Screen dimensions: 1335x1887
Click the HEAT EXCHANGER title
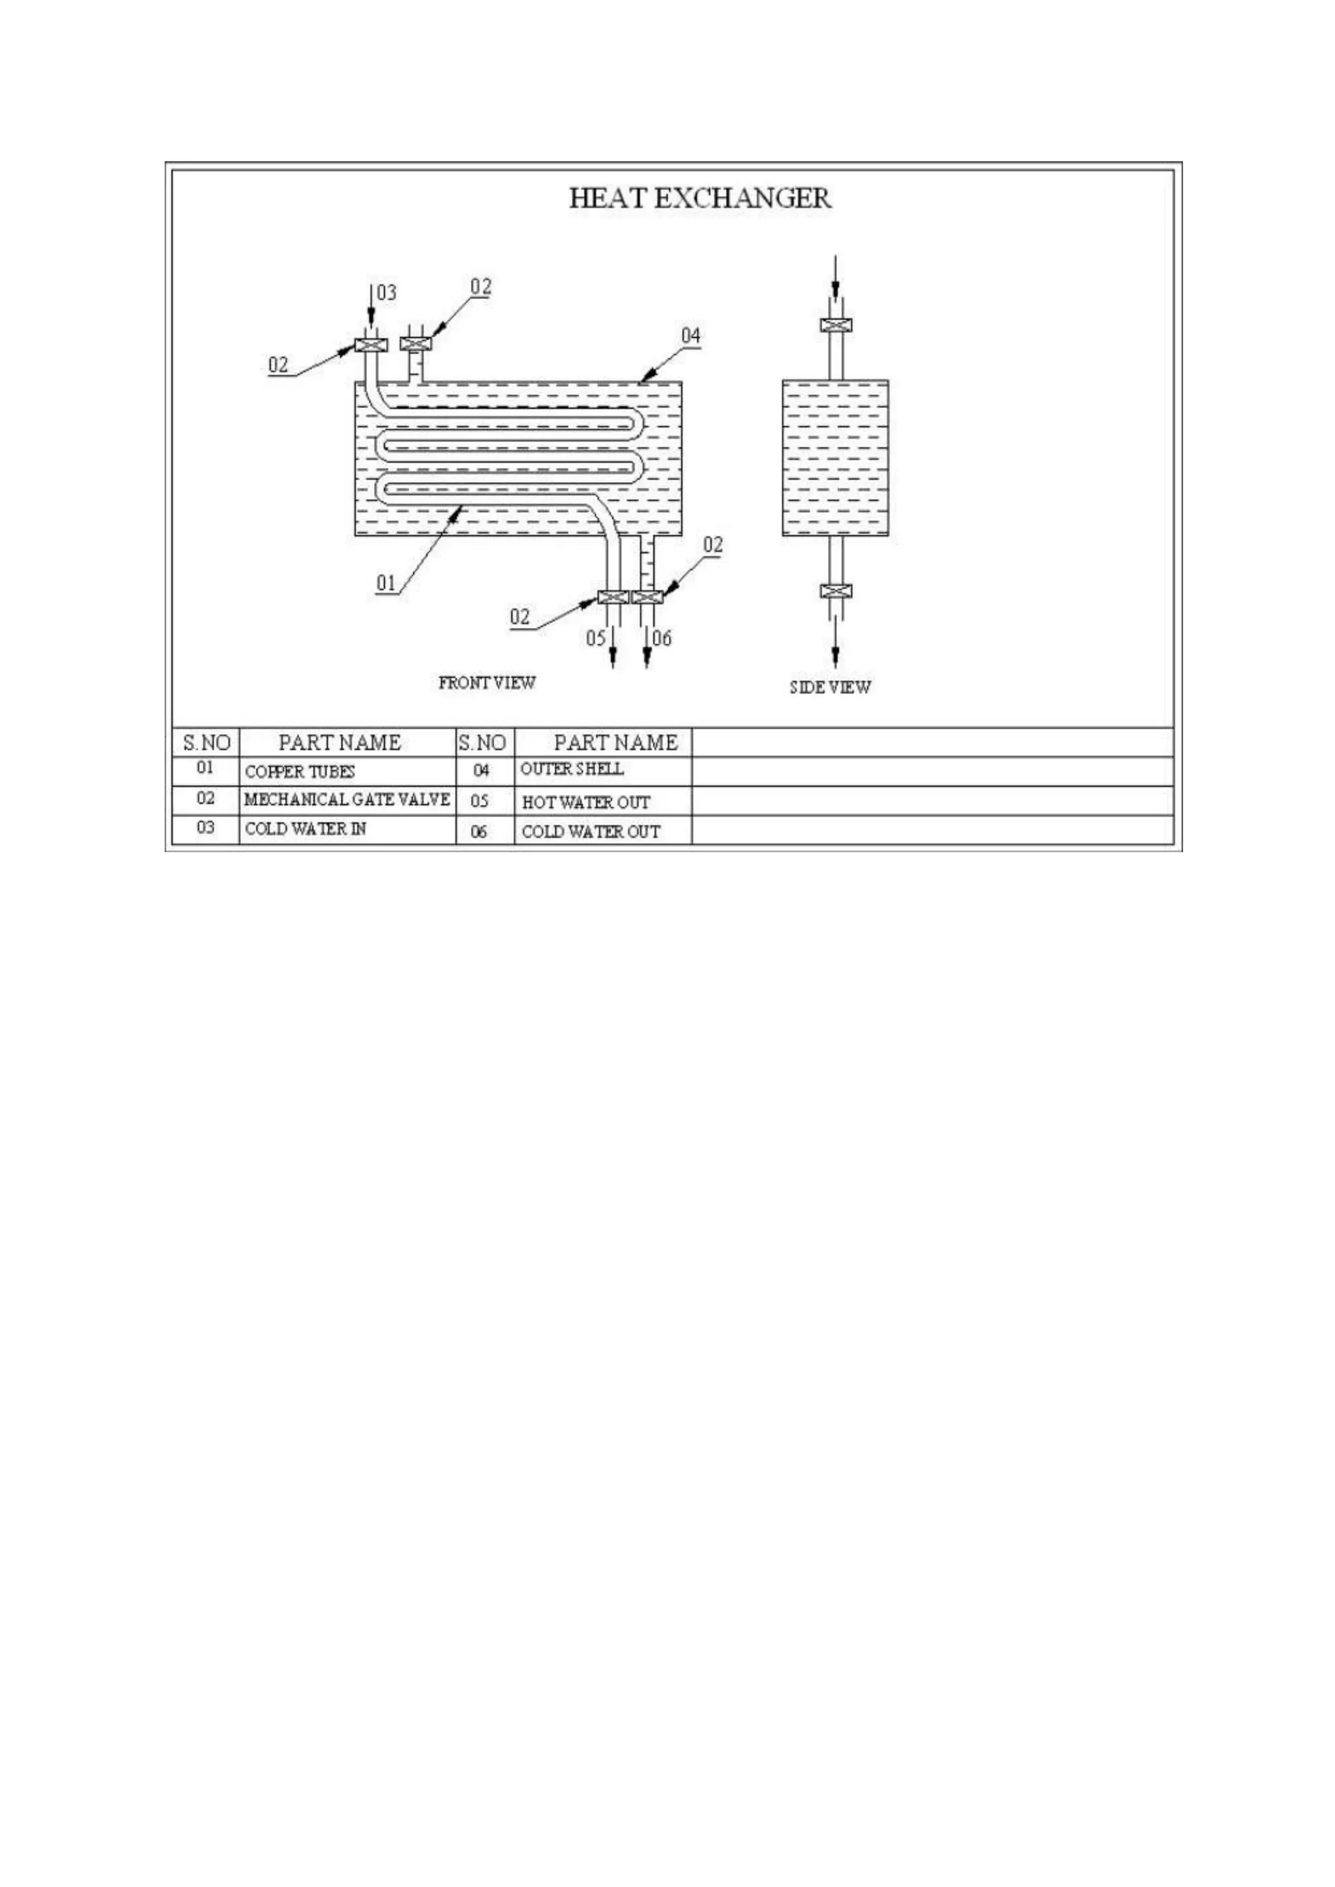pos(699,198)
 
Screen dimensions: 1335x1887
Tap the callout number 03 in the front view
pos(387,293)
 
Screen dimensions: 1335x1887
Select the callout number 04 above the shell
pos(690,336)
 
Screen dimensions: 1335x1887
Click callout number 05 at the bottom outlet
pos(595,638)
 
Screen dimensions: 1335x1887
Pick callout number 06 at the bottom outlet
pos(662,638)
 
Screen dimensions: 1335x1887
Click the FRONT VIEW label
pos(487,683)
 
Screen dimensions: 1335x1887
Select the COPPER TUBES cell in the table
pos(300,771)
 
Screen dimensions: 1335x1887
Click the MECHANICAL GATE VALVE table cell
pos(347,799)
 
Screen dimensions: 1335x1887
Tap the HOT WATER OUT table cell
pos(585,802)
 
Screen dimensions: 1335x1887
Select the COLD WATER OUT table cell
pos(590,831)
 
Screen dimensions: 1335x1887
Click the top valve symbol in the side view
pos(835,324)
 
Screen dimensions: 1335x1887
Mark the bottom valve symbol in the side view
pos(835,591)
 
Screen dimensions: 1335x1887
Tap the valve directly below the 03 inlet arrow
pos(371,344)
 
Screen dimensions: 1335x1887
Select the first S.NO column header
pos(205,743)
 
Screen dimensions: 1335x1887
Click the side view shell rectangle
pos(835,458)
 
